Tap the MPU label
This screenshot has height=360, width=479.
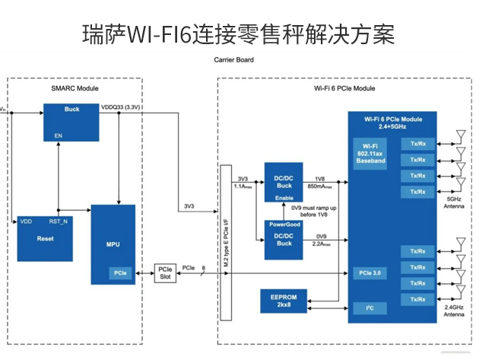(x=112, y=244)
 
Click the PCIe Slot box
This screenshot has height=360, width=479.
(x=165, y=272)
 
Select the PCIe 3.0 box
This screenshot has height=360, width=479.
(x=371, y=272)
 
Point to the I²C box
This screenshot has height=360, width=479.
(x=371, y=307)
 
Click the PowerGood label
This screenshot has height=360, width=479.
(x=284, y=225)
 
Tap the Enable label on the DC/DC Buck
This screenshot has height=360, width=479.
(x=284, y=197)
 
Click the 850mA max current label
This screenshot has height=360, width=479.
(x=319, y=185)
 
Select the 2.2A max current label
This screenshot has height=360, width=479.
(x=319, y=245)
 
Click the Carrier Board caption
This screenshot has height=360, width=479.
(x=234, y=59)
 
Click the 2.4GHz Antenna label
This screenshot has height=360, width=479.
(x=455, y=311)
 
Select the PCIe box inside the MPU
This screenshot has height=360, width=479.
(x=119, y=272)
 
